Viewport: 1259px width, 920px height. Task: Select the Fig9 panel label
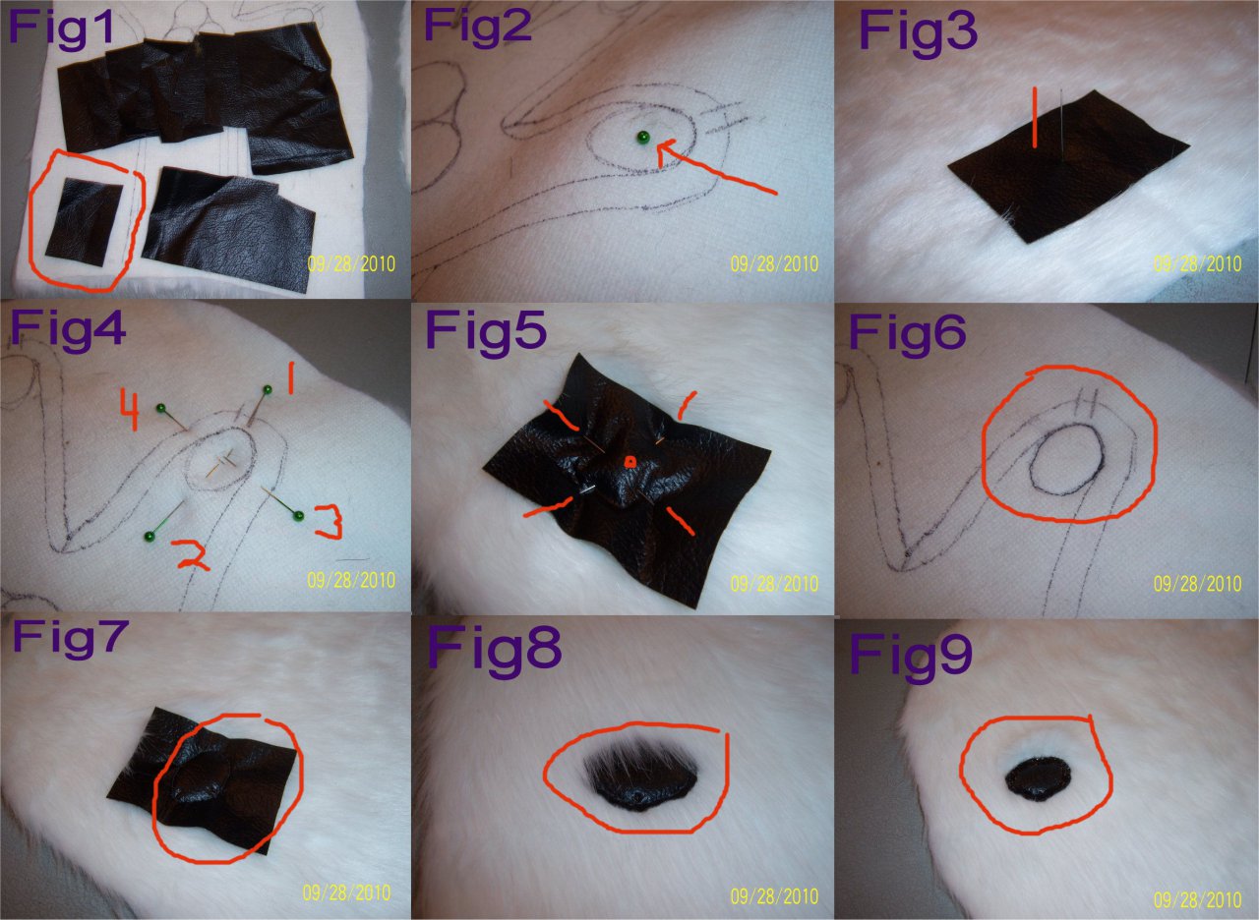point(911,655)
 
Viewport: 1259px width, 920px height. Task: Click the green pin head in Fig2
point(642,137)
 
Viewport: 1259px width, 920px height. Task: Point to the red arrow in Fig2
point(717,167)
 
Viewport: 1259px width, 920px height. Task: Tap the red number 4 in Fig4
point(130,410)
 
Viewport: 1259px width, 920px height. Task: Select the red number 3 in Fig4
point(329,522)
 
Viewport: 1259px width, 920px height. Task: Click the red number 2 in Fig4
point(191,555)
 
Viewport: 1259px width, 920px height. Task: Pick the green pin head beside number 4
point(160,407)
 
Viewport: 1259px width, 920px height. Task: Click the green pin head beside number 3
point(298,515)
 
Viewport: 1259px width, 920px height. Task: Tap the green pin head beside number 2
point(150,536)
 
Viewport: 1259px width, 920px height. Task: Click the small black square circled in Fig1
point(85,222)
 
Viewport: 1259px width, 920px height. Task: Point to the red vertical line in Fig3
point(1034,117)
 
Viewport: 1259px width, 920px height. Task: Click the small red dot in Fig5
point(630,462)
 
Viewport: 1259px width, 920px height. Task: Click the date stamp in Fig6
point(1197,584)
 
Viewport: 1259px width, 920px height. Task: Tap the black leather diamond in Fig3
point(1068,167)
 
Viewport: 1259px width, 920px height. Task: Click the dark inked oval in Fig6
point(1067,459)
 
